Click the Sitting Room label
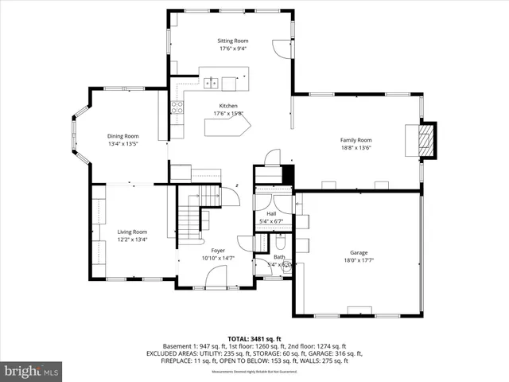[233, 40]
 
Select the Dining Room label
[123, 136]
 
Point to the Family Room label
[356, 139]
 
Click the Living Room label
[134, 232]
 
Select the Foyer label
[218, 250]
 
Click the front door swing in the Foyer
[215, 276]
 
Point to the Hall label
[271, 213]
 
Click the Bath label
[279, 256]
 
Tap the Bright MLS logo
[32, 371]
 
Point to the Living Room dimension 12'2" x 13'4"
[134, 239]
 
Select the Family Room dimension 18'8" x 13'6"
[356, 147]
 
